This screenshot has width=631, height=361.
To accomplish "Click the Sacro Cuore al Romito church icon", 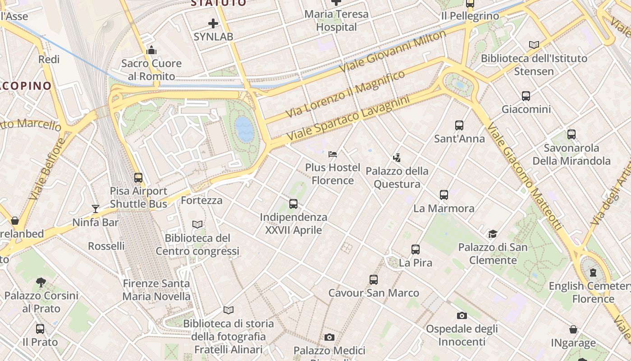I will tap(151, 50).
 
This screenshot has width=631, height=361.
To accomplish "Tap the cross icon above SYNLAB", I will tap(213, 23).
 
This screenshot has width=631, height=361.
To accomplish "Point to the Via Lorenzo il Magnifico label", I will tap(346, 94).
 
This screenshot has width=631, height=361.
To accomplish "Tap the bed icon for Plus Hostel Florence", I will tap(333, 154).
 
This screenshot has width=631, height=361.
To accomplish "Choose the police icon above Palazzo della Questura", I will tap(397, 158).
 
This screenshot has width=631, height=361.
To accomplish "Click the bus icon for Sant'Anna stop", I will tap(459, 125).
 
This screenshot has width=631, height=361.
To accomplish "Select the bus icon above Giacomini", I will tap(526, 96).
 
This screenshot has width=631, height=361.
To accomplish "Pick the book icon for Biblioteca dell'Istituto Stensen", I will tap(534, 45).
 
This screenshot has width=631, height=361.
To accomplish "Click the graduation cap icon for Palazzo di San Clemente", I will tap(493, 234).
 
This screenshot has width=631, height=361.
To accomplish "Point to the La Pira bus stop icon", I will tap(416, 250).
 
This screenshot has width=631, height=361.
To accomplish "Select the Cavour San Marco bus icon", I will tap(374, 280).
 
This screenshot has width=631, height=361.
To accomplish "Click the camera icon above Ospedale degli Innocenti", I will tap(462, 315).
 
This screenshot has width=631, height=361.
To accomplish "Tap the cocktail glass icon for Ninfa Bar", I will tap(96, 208).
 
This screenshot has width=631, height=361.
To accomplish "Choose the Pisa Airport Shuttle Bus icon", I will tap(138, 178).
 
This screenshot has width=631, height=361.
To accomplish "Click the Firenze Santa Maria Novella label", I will tap(156, 290).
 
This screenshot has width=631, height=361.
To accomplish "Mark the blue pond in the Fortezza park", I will tap(244, 129).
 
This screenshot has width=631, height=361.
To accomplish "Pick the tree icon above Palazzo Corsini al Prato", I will tap(41, 282).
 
